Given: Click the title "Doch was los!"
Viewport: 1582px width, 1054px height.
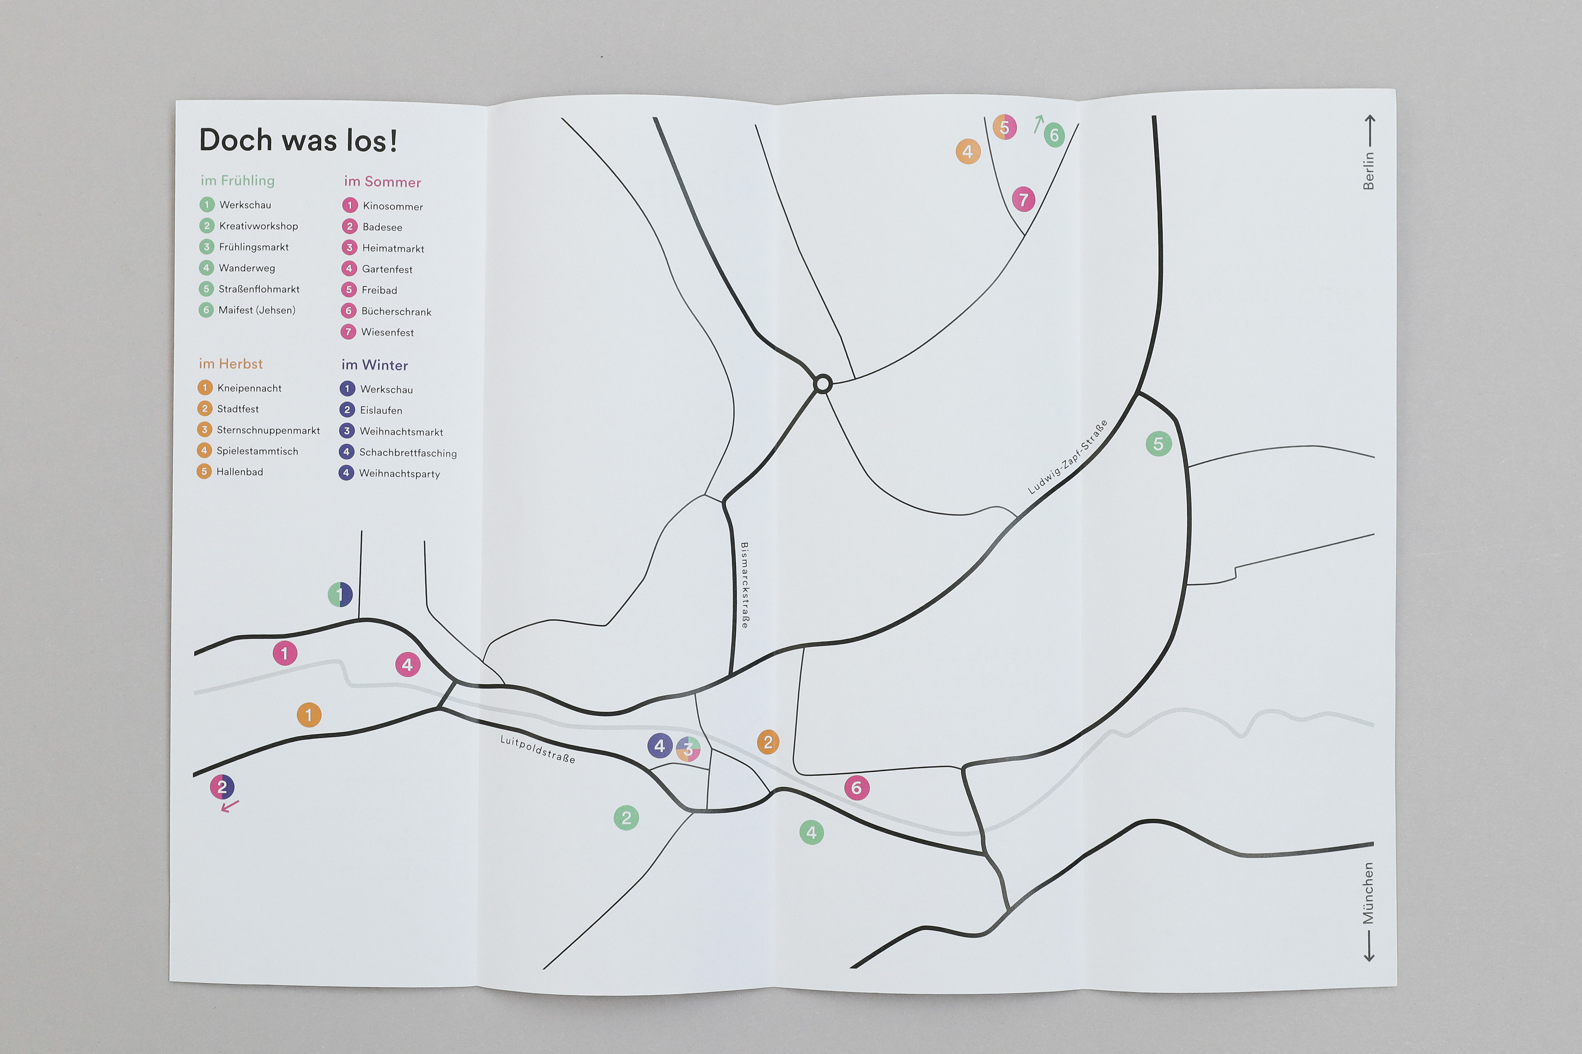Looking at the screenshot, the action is [x=298, y=140].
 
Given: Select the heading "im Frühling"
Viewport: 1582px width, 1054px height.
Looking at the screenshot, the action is [x=237, y=180].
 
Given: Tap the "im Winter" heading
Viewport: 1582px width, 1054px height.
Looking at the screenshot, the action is [x=374, y=365].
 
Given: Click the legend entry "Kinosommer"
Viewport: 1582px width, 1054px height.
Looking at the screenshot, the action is [x=393, y=206].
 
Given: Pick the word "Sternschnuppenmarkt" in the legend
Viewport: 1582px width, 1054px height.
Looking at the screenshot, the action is [x=268, y=430].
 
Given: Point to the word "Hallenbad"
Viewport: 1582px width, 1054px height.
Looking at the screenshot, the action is [x=239, y=472].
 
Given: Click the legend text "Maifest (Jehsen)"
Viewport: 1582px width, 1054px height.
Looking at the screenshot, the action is [x=257, y=310].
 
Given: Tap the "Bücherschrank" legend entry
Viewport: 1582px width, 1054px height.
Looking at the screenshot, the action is [x=396, y=311].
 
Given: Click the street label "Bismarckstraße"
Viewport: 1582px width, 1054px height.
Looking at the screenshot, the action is [x=744, y=585].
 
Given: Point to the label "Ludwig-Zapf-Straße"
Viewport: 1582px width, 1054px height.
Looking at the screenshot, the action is [x=1067, y=457].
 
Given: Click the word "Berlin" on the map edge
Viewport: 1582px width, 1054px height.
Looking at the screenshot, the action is [x=1368, y=171].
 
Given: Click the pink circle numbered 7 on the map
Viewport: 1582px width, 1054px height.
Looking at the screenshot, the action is [x=1023, y=199].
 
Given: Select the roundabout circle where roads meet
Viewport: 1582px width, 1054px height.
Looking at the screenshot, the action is [x=823, y=384].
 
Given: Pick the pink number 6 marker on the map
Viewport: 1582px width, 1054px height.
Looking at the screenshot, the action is [x=856, y=787].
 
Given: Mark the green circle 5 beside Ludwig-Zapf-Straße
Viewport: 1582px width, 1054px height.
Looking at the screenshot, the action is [x=1158, y=444].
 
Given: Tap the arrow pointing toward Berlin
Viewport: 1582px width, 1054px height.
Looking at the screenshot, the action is [x=1369, y=131].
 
